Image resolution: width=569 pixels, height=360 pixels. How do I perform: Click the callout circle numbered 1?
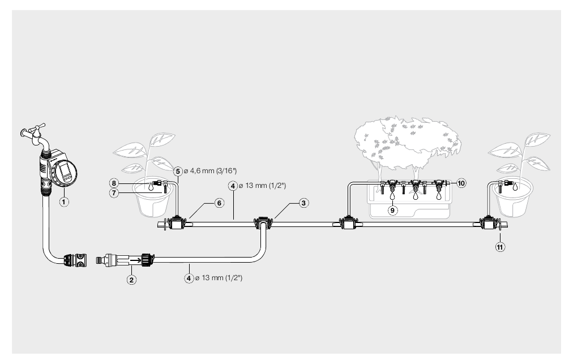tap(64, 202)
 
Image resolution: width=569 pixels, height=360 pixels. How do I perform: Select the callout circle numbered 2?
tap(131, 280)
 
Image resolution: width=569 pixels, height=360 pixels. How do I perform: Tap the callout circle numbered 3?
tap(303, 203)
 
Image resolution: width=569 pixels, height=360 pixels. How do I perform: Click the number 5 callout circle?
tap(177, 172)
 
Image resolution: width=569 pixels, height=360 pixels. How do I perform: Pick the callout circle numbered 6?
tap(219, 203)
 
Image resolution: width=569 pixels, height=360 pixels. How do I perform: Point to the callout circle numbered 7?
tap(114, 193)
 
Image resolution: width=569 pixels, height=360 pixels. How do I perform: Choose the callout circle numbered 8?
tap(114, 183)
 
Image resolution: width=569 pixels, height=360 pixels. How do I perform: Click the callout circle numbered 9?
tap(393, 210)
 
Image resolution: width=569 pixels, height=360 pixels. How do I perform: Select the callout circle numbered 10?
tap(461, 183)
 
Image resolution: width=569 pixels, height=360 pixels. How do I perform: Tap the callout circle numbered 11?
tap(500, 247)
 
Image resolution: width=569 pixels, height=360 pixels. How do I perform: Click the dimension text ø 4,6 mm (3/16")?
tap(210, 171)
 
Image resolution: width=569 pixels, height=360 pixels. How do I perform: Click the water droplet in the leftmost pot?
tap(150, 187)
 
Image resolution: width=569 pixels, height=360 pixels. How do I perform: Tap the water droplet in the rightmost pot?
tap(515, 187)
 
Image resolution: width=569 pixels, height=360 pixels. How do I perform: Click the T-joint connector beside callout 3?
tap(262, 223)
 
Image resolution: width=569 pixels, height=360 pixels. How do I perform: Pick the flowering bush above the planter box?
tap(407, 143)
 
